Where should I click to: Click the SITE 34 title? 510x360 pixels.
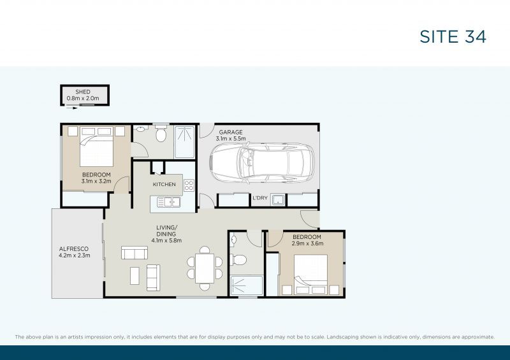tap(453, 37)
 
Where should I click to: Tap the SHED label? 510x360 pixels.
tap(83, 92)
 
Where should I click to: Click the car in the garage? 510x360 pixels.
tap(263, 162)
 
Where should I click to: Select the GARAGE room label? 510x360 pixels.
tap(231, 133)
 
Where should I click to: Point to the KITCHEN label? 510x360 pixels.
tap(164, 184)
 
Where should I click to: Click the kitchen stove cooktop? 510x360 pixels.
tap(189, 185)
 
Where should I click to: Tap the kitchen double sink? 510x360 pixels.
tap(168, 202)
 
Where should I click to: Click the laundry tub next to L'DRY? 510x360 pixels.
tap(278, 200)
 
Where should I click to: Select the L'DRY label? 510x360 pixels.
tap(260, 198)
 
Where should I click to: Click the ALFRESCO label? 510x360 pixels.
tap(74, 249)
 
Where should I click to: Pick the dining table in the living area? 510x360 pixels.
tap(205, 268)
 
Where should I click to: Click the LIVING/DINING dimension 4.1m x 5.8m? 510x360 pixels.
tap(166, 241)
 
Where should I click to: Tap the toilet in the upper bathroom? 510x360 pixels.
tap(161, 133)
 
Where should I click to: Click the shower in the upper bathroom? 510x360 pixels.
tap(185, 142)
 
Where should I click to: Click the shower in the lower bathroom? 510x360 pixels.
tap(246, 286)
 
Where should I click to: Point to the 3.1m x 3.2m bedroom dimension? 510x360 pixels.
tap(96, 181)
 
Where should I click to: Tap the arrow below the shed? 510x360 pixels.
tap(72, 108)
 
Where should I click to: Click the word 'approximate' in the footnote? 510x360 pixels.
tap(477, 337)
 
